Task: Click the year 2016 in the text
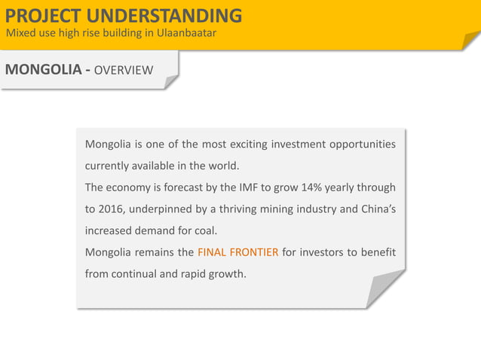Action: pyautogui.click(x=111, y=209)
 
